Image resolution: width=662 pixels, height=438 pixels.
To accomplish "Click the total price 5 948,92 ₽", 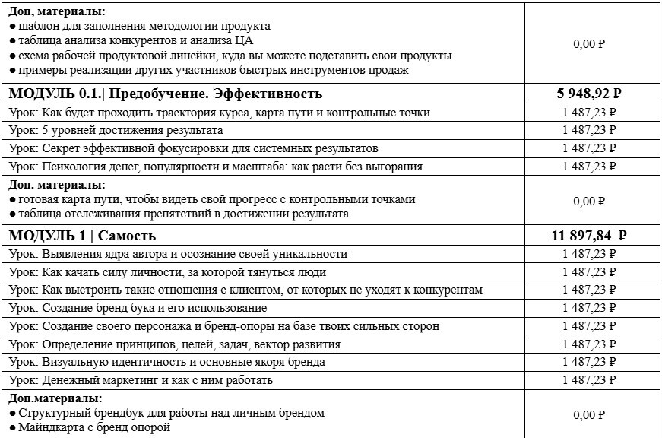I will [590, 94].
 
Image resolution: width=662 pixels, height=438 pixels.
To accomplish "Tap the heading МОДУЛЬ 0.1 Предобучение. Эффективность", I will [166, 94].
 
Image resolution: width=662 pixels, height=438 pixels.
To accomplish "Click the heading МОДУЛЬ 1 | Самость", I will [82, 236].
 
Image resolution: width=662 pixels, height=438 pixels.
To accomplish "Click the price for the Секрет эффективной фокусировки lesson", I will [589, 148].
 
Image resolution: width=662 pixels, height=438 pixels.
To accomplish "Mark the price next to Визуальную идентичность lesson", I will [589, 362].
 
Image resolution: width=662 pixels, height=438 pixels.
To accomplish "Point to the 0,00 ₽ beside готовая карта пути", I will [589, 202].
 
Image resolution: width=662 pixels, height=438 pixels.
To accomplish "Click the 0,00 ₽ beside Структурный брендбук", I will [589, 415].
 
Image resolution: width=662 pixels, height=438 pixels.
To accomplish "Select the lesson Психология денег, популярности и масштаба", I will [215, 166].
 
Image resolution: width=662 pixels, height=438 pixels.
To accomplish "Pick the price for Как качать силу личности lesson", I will [589, 272].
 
